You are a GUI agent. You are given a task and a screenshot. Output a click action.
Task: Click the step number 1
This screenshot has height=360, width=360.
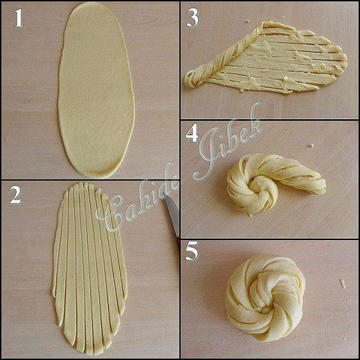click(19, 18)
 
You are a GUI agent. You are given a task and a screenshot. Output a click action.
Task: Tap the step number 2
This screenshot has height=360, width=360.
click(16, 195)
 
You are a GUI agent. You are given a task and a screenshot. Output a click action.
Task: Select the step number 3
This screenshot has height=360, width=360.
click(193, 18)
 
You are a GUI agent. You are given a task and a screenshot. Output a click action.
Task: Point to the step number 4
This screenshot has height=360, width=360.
click(192, 133)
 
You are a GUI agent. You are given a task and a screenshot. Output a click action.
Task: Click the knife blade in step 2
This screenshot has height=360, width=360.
click(173, 215)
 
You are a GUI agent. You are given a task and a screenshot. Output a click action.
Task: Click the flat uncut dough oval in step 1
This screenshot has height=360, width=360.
click(96, 90)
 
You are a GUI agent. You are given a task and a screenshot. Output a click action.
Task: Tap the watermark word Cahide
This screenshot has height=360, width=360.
click(136, 197)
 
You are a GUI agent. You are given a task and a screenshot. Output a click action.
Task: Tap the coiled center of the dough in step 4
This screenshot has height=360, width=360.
click(260, 190)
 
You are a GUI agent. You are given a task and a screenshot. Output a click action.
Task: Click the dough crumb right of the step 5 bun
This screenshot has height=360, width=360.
click(343, 283)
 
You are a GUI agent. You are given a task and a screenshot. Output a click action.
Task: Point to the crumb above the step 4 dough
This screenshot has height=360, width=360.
click(310, 145)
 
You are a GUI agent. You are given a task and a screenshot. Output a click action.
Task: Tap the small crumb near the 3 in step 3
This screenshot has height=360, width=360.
click(247, 21)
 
